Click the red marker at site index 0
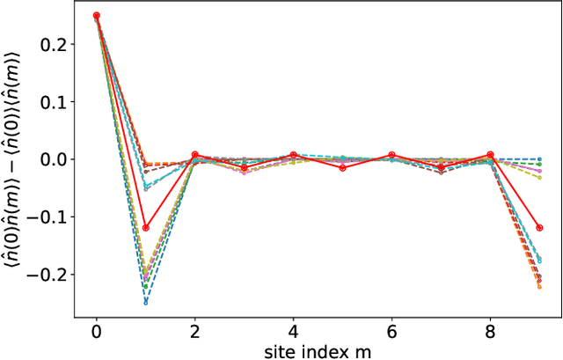tap(97, 15)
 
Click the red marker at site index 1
tap(146, 228)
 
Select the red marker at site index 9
tap(539, 228)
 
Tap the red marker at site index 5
tap(343, 167)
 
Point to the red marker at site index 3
tap(245, 167)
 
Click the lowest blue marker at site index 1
tap(146, 302)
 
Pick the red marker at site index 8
tap(490, 155)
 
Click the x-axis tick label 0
tap(97, 331)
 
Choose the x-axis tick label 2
tap(195, 331)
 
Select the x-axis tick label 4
tap(294, 331)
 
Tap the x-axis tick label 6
tap(392, 331)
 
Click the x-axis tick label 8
tap(490, 331)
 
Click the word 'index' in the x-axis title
tap(319, 350)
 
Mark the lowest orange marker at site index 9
tap(539, 287)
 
